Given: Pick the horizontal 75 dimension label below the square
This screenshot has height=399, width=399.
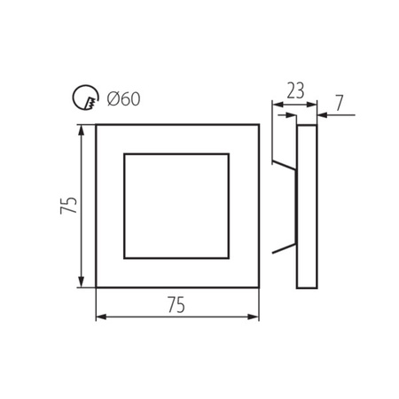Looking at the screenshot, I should click(x=176, y=304).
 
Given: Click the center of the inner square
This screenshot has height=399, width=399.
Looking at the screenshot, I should click(x=177, y=207).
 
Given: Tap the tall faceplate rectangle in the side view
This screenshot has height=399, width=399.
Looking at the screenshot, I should click(x=306, y=207).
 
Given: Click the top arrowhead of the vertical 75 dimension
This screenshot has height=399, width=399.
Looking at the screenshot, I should click(x=82, y=129).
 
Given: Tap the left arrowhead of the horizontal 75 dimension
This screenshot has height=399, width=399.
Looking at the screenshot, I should click(x=99, y=317).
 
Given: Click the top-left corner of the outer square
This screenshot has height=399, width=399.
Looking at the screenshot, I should click(x=96, y=125).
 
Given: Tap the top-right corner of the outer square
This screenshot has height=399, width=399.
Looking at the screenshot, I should click(x=259, y=125).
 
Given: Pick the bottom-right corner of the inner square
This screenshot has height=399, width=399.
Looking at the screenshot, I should click(x=231, y=261).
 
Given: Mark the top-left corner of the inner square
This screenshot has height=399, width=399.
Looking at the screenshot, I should click(x=123, y=153).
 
